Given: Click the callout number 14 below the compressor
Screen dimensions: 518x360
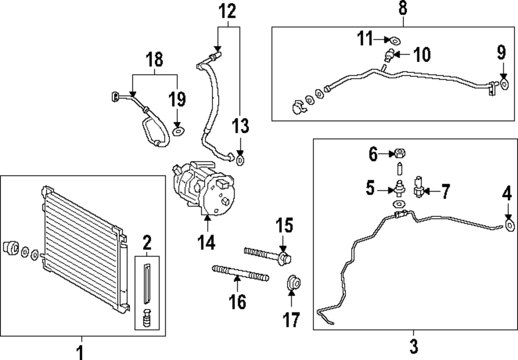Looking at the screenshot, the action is click(207, 242).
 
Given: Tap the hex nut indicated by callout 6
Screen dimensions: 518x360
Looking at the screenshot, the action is click(400, 153).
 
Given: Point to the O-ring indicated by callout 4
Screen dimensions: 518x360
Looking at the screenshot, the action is click(509, 225).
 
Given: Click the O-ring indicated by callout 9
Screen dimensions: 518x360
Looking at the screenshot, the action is click(504, 84).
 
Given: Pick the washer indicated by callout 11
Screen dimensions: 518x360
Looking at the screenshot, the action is click(395, 41).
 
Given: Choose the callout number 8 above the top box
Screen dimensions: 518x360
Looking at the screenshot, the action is click(402, 9).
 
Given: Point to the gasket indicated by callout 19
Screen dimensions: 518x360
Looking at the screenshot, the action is click(179, 132).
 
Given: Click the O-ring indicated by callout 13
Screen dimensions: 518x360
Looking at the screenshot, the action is click(240, 161).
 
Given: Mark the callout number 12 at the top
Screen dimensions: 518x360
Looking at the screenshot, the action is click(227, 11).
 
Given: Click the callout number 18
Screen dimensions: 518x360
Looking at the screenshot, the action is click(154, 60).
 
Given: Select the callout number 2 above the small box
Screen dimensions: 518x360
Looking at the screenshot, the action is click(147, 242).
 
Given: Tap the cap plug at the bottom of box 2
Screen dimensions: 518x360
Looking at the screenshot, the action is click(147, 318).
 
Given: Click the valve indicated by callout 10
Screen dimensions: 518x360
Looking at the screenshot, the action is click(390, 55).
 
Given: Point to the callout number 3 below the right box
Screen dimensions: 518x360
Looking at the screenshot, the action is click(413, 346).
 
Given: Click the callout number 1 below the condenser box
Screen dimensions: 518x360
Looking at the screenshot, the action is click(80, 352).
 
